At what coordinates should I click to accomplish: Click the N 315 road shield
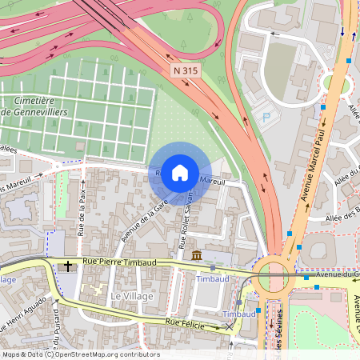(x=185, y=71)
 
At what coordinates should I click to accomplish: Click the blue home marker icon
(x=180, y=172)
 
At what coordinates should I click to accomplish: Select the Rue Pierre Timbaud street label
(x=118, y=262)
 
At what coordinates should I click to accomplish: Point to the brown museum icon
(x=197, y=256)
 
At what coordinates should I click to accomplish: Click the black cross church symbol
(x=68, y=266)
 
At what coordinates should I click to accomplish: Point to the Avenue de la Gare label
(x=137, y=222)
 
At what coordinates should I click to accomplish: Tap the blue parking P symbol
(x=266, y=117)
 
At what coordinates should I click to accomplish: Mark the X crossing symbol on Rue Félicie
(x=230, y=326)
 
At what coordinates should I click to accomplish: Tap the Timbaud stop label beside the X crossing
(x=239, y=314)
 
